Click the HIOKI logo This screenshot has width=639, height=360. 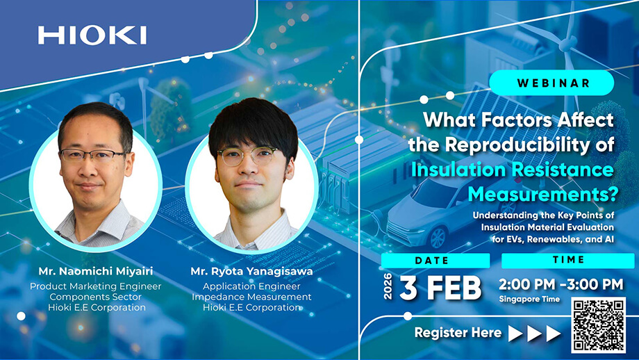pyautogui.click(x=92, y=35)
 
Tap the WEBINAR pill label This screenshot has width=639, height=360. pyautogui.click(x=551, y=83)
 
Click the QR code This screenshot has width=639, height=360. pyautogui.click(x=598, y=325)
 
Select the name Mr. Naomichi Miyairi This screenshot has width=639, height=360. pyautogui.click(x=96, y=271)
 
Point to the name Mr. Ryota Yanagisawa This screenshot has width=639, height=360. pyautogui.click(x=252, y=272)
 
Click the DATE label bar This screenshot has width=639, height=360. pyautogui.click(x=435, y=261)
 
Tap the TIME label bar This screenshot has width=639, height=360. pyautogui.click(x=567, y=260)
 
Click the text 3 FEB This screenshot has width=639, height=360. pyautogui.click(x=440, y=288)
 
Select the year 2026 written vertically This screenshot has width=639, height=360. pyautogui.click(x=388, y=286)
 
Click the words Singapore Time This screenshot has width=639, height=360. pyautogui.click(x=529, y=300)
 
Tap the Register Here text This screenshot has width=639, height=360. pyautogui.click(x=458, y=333)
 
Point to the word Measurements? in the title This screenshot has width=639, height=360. pyautogui.click(x=543, y=194)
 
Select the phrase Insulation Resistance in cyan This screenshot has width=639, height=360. pyautogui.click(x=513, y=170)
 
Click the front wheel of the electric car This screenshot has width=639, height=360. pyautogui.click(x=438, y=237)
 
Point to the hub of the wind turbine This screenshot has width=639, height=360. pyautogui.click(x=567, y=44)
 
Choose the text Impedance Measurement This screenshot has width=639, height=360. pyautogui.click(x=251, y=297)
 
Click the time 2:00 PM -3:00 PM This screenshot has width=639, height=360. pyautogui.click(x=561, y=284)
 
